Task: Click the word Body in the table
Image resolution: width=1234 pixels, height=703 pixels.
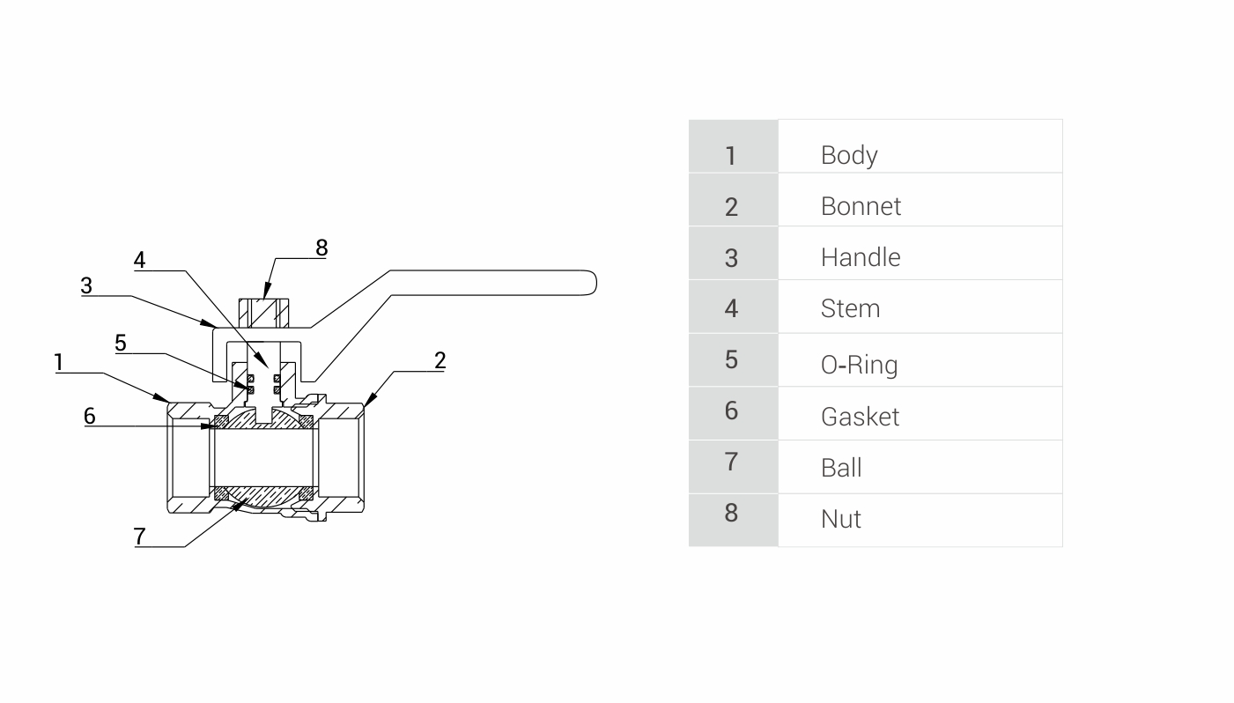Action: (x=849, y=155)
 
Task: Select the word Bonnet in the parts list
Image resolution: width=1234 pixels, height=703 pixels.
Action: (x=861, y=206)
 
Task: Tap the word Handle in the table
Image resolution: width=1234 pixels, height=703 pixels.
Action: (x=860, y=257)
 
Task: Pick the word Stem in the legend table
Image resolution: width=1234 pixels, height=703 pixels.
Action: (x=850, y=308)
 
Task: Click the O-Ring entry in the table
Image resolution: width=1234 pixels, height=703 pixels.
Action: (x=859, y=363)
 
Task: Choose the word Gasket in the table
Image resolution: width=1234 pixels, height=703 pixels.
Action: (x=860, y=416)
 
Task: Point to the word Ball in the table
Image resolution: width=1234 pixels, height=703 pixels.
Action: (x=840, y=467)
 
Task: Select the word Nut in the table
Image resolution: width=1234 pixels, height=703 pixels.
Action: (x=840, y=519)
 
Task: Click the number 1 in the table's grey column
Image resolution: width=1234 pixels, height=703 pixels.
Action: (x=730, y=156)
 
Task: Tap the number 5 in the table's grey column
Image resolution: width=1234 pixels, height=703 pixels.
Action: (x=731, y=359)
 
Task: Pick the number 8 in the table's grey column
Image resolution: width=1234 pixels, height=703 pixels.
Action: (x=731, y=513)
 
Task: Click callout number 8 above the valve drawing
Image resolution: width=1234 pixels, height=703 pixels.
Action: (x=321, y=248)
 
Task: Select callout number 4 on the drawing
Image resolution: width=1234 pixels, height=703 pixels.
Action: (x=139, y=260)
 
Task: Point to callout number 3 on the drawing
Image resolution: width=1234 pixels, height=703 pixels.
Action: (x=86, y=285)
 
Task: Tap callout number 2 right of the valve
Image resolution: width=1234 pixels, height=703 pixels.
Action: (x=440, y=359)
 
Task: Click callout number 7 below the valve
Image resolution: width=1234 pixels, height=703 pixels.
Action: (x=139, y=536)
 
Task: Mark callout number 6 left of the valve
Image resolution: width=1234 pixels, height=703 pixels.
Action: (x=90, y=416)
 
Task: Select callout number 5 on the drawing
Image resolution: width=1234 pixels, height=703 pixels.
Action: (x=121, y=344)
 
